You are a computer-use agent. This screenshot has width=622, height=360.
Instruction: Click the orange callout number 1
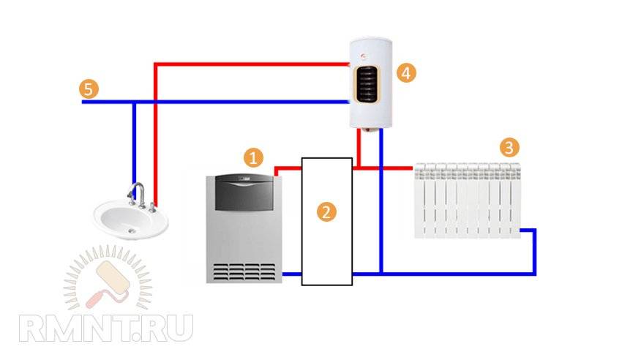coord(252,157)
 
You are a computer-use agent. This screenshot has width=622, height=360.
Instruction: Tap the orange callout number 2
coord(326,212)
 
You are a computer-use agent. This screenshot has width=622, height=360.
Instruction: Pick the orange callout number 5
coord(88,89)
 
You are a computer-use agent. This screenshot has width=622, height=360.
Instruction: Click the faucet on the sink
coord(136,195)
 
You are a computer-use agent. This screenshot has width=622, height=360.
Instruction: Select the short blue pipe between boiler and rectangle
coord(292,274)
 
